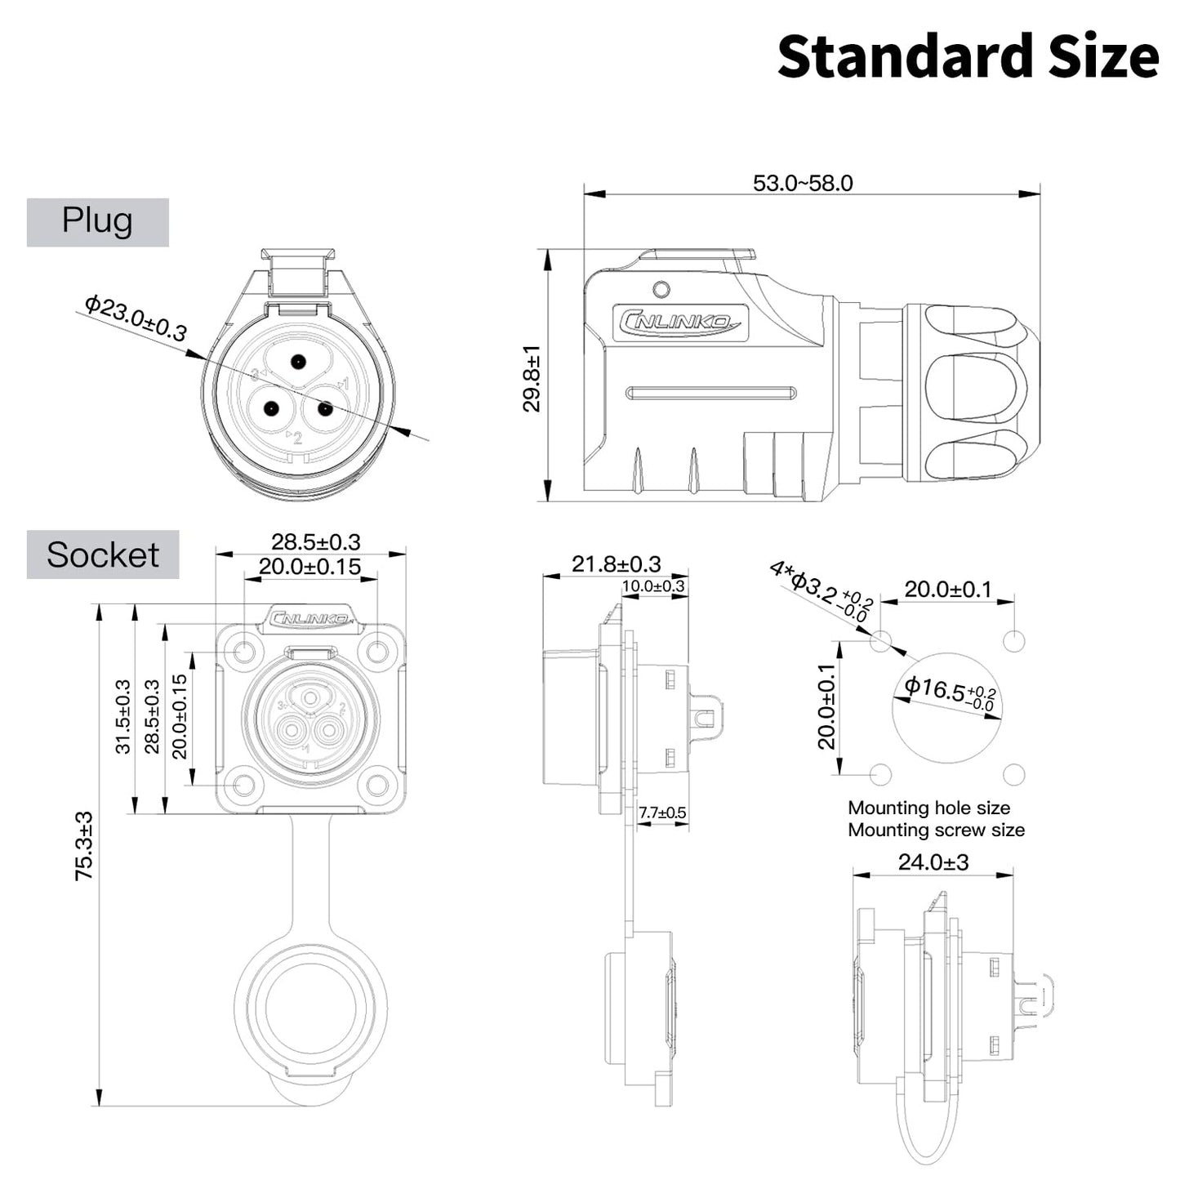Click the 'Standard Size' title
[968, 57]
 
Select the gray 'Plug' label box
[97, 222]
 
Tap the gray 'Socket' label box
[103, 555]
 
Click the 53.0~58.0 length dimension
[803, 183]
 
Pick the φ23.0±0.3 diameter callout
[136, 318]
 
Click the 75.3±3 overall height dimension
[84, 845]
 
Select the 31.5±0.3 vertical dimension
[122, 716]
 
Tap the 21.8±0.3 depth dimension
[616, 563]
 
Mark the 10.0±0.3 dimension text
[653, 586]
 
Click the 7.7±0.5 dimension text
[662, 813]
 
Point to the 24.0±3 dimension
[933, 862]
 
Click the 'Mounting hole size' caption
[928, 808]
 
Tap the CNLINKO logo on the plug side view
[679, 323]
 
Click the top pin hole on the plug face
[298, 361]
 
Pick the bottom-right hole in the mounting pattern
[1013, 774]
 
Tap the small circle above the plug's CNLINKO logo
[662, 289]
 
